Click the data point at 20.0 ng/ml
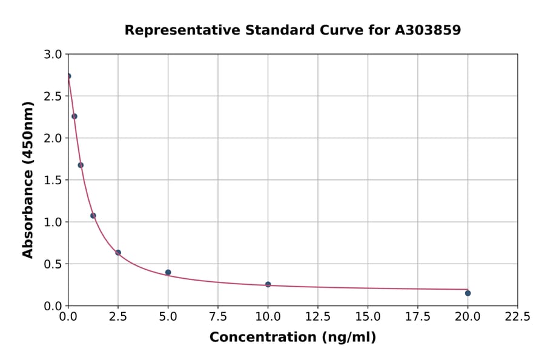467,293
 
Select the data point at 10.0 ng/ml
268,284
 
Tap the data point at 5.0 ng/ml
168,273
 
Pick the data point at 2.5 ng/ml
118,253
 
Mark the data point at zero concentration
68,76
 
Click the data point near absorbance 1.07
93,216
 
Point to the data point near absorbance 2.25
74,116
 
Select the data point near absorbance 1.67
81,165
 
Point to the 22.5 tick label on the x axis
517,316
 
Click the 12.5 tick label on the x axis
318,316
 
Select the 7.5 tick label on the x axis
218,316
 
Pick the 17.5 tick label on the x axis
417,316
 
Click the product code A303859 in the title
428,30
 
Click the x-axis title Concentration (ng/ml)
292,338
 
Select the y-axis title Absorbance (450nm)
28,180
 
